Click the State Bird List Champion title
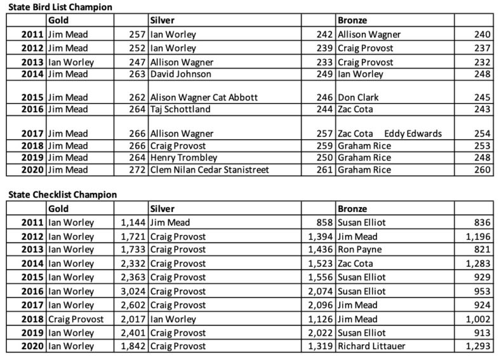[57, 7]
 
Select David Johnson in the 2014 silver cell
[181, 74]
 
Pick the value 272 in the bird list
[131, 170]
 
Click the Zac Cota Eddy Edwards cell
[389, 134]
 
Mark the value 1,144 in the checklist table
[132, 223]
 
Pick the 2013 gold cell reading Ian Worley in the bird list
[70, 62]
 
